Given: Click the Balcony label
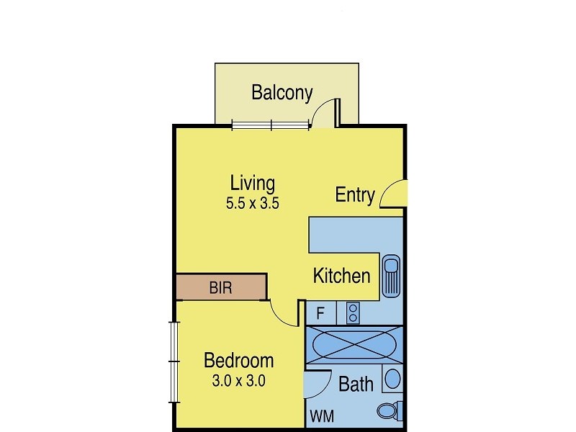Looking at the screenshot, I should coord(282,93).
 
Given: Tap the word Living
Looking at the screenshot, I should coord(252,181).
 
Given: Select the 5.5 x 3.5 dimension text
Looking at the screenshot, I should coord(252,203).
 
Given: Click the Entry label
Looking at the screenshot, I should coord(355,194).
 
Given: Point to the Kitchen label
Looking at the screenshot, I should coord(342,275).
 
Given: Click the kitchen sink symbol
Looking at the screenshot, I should coord(391,275).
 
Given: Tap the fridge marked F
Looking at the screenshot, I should coord(320,313).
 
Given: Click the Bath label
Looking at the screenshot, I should coord(356,384).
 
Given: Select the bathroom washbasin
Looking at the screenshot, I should coord(392,378).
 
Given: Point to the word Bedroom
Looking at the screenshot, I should coord(238,360).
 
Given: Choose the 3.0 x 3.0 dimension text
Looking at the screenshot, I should coord(238,381).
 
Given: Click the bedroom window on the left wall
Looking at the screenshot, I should coord(173,362).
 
